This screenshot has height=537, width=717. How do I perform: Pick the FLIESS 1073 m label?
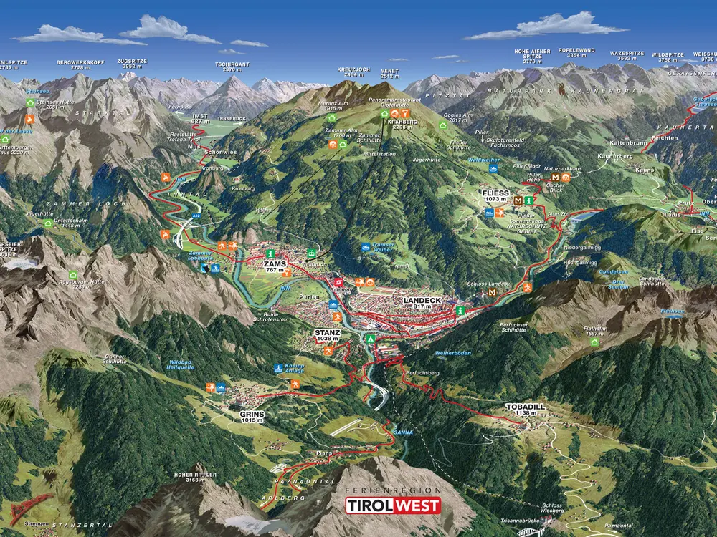pos(496,194)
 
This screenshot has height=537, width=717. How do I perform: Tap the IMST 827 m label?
pos(201,118)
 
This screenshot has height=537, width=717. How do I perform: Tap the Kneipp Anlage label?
pos(294,367)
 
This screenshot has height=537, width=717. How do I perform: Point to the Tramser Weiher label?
pos(384,248)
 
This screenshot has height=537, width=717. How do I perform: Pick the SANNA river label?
pos(402,432)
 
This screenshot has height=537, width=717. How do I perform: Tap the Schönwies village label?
pos(219,152)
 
